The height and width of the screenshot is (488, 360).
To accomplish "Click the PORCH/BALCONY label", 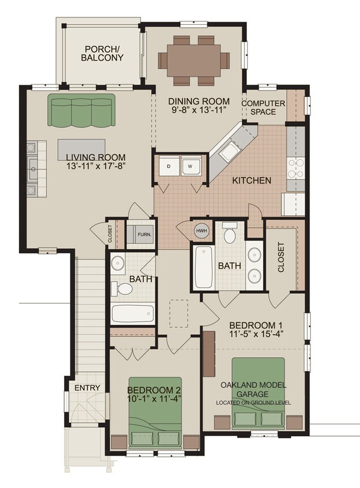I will coord(102,53).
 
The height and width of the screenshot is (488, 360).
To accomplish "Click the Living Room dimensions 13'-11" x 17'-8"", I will coord(95,165).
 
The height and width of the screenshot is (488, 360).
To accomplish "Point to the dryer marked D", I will coord(167,167).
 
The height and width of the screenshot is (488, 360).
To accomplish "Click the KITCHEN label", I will coord(251,181).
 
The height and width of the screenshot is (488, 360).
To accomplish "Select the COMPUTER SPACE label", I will coord(263,108).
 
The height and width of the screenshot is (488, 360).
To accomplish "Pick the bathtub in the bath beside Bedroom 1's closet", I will coord(203,267).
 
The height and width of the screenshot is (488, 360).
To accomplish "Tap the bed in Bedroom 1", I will coord(259,393).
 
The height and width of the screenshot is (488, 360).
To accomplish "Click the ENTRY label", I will coord(87,387).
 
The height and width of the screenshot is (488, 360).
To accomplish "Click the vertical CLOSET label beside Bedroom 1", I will coord(281,257).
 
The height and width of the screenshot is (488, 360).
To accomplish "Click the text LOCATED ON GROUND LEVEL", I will coord(253,402).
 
